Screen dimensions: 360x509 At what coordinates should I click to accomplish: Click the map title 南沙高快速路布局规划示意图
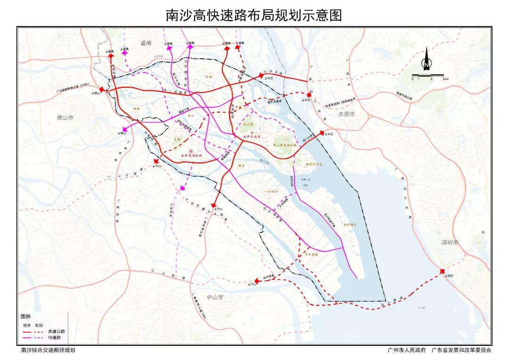click(254, 15)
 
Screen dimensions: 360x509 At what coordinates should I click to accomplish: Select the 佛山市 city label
click(66, 117)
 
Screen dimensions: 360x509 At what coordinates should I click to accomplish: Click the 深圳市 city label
click(450, 243)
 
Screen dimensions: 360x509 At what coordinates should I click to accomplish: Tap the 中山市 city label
click(215, 297)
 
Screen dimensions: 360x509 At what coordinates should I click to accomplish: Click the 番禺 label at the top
click(146, 43)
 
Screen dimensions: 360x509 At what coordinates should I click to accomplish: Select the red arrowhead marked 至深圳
click(442, 271)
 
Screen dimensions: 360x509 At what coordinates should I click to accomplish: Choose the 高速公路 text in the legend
click(56, 331)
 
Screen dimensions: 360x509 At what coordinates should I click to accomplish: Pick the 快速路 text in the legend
click(55, 338)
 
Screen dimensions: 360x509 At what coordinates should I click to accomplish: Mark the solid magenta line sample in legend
click(27, 338)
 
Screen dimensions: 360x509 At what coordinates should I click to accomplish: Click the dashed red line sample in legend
click(40, 331)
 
